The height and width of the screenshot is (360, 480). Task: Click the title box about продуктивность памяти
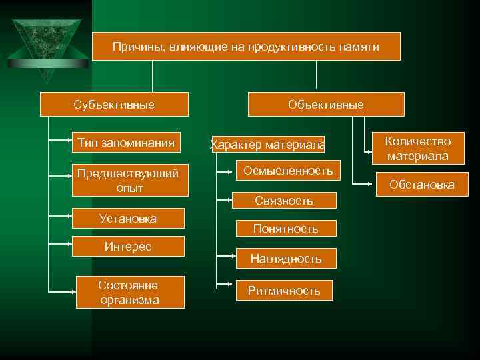[x=246, y=47]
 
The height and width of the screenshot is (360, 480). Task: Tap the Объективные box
[x=326, y=105]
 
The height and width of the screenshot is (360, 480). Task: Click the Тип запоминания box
[x=126, y=142]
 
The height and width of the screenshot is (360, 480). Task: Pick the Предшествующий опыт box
[x=128, y=181]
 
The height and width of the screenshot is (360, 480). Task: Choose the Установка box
[x=128, y=219]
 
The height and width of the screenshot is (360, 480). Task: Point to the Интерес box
[x=128, y=246]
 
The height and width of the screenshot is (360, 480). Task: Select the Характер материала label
[x=268, y=144]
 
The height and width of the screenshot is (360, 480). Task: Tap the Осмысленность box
[x=288, y=171]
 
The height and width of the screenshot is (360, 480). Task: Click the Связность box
[x=284, y=200]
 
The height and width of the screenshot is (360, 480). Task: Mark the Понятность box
[x=285, y=229]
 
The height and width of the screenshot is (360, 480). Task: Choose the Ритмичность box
[x=284, y=290]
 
